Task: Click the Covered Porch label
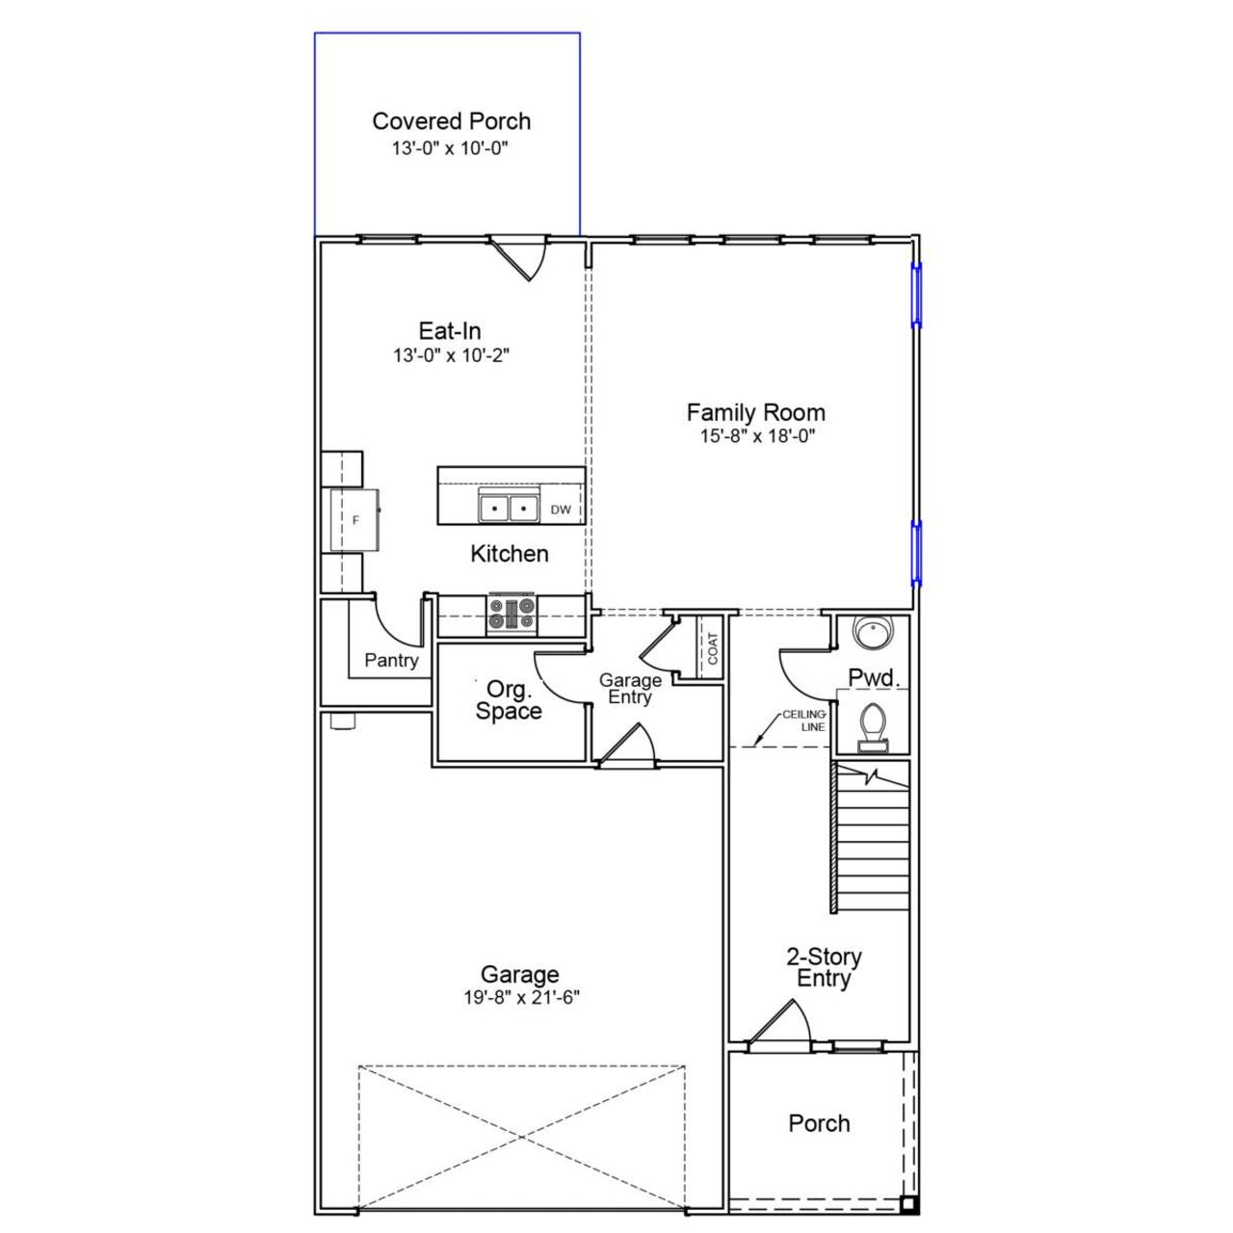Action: pos(451,121)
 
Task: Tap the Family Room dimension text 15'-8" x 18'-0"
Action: pos(757,436)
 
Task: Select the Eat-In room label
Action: pos(450,330)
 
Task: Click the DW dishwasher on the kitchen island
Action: pos(561,510)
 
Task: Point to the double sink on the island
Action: pos(508,507)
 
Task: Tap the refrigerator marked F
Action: pos(354,520)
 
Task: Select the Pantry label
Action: pos(391,661)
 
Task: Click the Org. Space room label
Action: pos(509,700)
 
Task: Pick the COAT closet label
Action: pos(713,648)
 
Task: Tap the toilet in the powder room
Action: pos(873,724)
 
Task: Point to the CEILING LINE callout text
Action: pos(803,721)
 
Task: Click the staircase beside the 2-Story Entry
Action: pos(872,836)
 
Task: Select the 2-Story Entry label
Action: pos(824,967)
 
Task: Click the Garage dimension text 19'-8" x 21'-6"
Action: pos(520,998)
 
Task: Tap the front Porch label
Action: pos(819,1123)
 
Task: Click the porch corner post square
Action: pos(907,1203)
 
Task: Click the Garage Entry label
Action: pos(630,689)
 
